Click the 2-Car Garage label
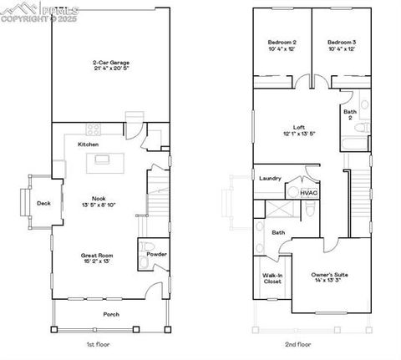(110, 61)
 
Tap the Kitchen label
(89, 145)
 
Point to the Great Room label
(95, 255)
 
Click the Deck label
(43, 203)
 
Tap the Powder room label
(156, 254)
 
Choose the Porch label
(110, 314)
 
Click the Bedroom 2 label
(282, 42)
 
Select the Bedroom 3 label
(342, 42)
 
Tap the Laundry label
(270, 178)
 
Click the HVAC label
(309, 192)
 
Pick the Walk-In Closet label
(272, 278)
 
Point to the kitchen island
(103, 160)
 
